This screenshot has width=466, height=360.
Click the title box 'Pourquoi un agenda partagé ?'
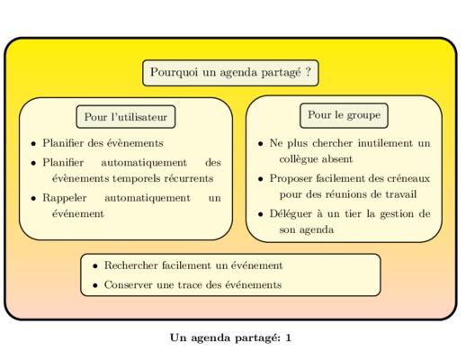click(x=230, y=73)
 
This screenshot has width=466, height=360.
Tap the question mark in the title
click(x=308, y=72)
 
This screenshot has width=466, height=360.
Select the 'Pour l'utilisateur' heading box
click(x=126, y=117)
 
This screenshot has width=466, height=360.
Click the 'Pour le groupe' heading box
click(x=344, y=115)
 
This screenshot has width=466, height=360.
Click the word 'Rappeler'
click(x=65, y=198)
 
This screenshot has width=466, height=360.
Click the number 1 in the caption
click(x=288, y=337)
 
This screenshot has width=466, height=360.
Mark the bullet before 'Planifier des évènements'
click(x=33, y=144)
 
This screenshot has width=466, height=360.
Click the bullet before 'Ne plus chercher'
click(x=260, y=144)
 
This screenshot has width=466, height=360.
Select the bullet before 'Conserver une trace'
click(x=95, y=285)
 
